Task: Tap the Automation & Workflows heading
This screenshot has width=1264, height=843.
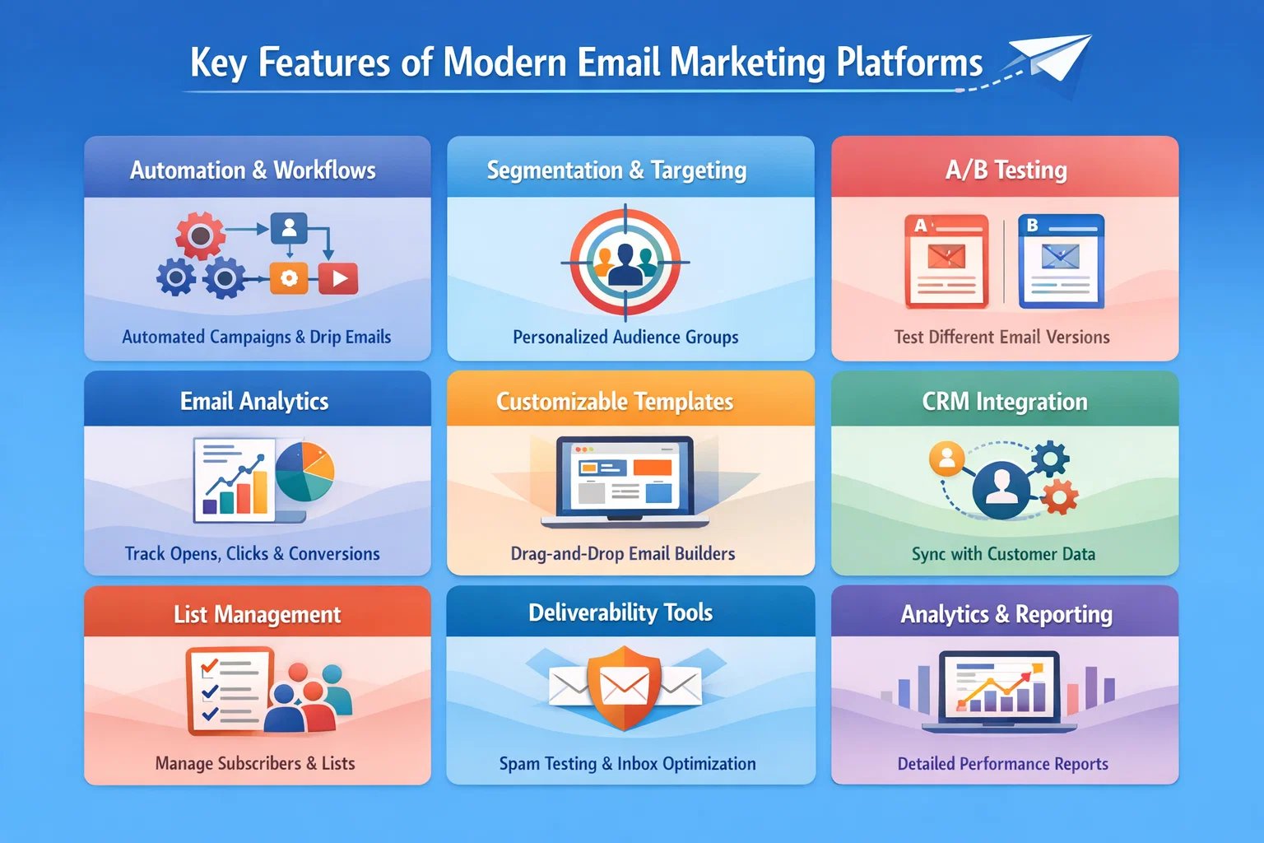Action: pyautogui.click(x=253, y=170)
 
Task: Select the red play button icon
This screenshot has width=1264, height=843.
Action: pyautogui.click(x=338, y=278)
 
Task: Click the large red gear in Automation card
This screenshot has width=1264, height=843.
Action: pyautogui.click(x=200, y=235)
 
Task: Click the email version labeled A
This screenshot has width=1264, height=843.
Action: pyautogui.click(x=946, y=261)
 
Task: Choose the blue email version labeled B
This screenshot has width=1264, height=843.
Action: pyautogui.click(x=1061, y=261)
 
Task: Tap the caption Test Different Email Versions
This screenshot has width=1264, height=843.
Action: pyautogui.click(x=1001, y=337)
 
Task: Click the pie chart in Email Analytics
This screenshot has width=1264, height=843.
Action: pyautogui.click(x=304, y=472)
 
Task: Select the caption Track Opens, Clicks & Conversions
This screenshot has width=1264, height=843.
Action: pyautogui.click(x=253, y=553)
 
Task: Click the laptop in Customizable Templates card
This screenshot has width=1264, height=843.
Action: pyautogui.click(x=625, y=482)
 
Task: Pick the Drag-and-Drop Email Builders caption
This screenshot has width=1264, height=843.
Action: pyautogui.click(x=623, y=553)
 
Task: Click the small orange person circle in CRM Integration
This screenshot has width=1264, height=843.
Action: pyautogui.click(x=946, y=458)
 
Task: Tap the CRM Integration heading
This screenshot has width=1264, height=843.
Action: pyautogui.click(x=1005, y=402)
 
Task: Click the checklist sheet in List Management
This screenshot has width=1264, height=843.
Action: pyautogui.click(x=228, y=690)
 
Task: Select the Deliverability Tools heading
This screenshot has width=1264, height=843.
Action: pyautogui.click(x=620, y=612)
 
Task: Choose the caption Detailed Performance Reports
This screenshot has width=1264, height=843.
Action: pyautogui.click(x=1002, y=764)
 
